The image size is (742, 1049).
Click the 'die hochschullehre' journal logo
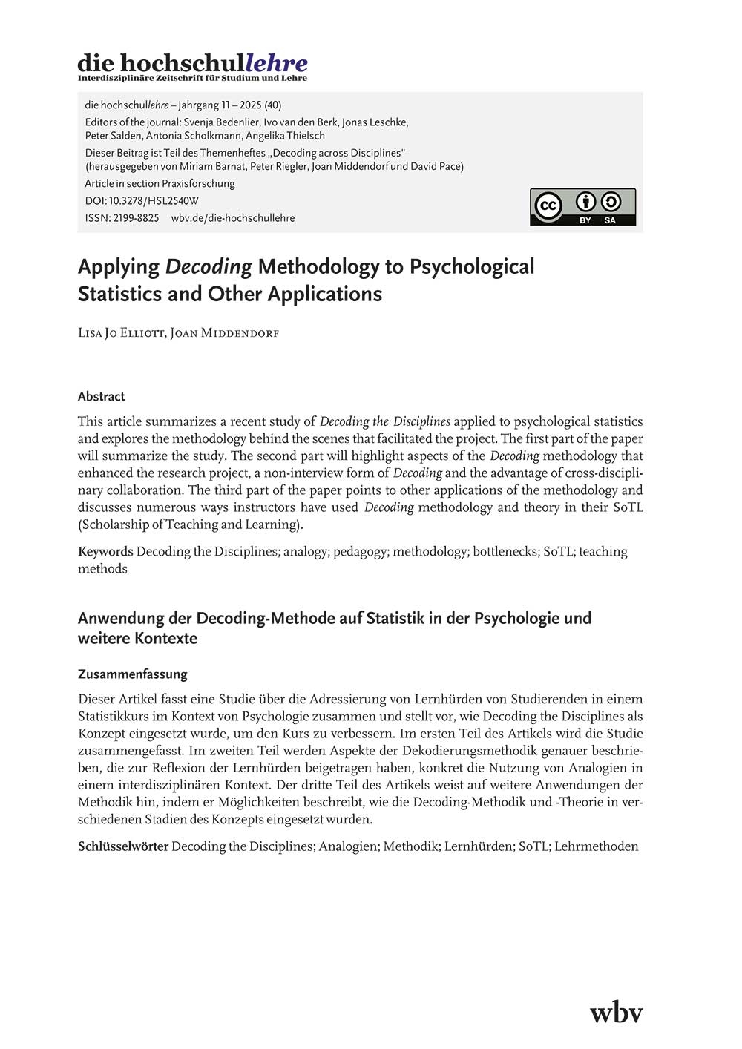tap(192, 66)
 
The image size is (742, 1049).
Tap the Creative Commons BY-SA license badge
tap(582, 207)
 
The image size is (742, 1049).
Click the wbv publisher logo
tap(616, 1012)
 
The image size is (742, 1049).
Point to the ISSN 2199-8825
tap(122, 218)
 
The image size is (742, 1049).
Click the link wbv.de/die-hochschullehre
tap(233, 218)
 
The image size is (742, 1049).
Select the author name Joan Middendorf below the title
tap(225, 333)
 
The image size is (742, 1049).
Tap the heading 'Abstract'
tap(102, 396)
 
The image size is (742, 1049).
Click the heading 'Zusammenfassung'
tap(133, 674)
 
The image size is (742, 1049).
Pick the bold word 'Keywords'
tap(105, 551)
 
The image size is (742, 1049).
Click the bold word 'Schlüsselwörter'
tap(123, 846)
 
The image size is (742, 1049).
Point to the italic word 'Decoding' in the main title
tap(209, 267)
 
